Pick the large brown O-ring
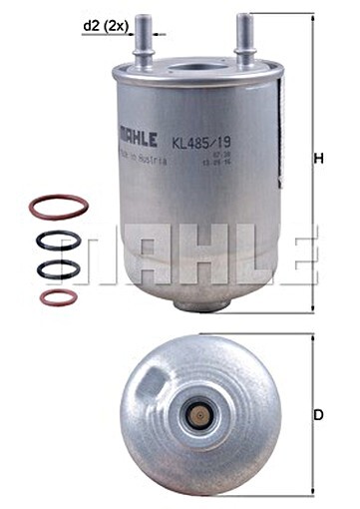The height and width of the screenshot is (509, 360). tap(57, 208)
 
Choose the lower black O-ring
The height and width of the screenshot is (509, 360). tap(56, 269)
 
